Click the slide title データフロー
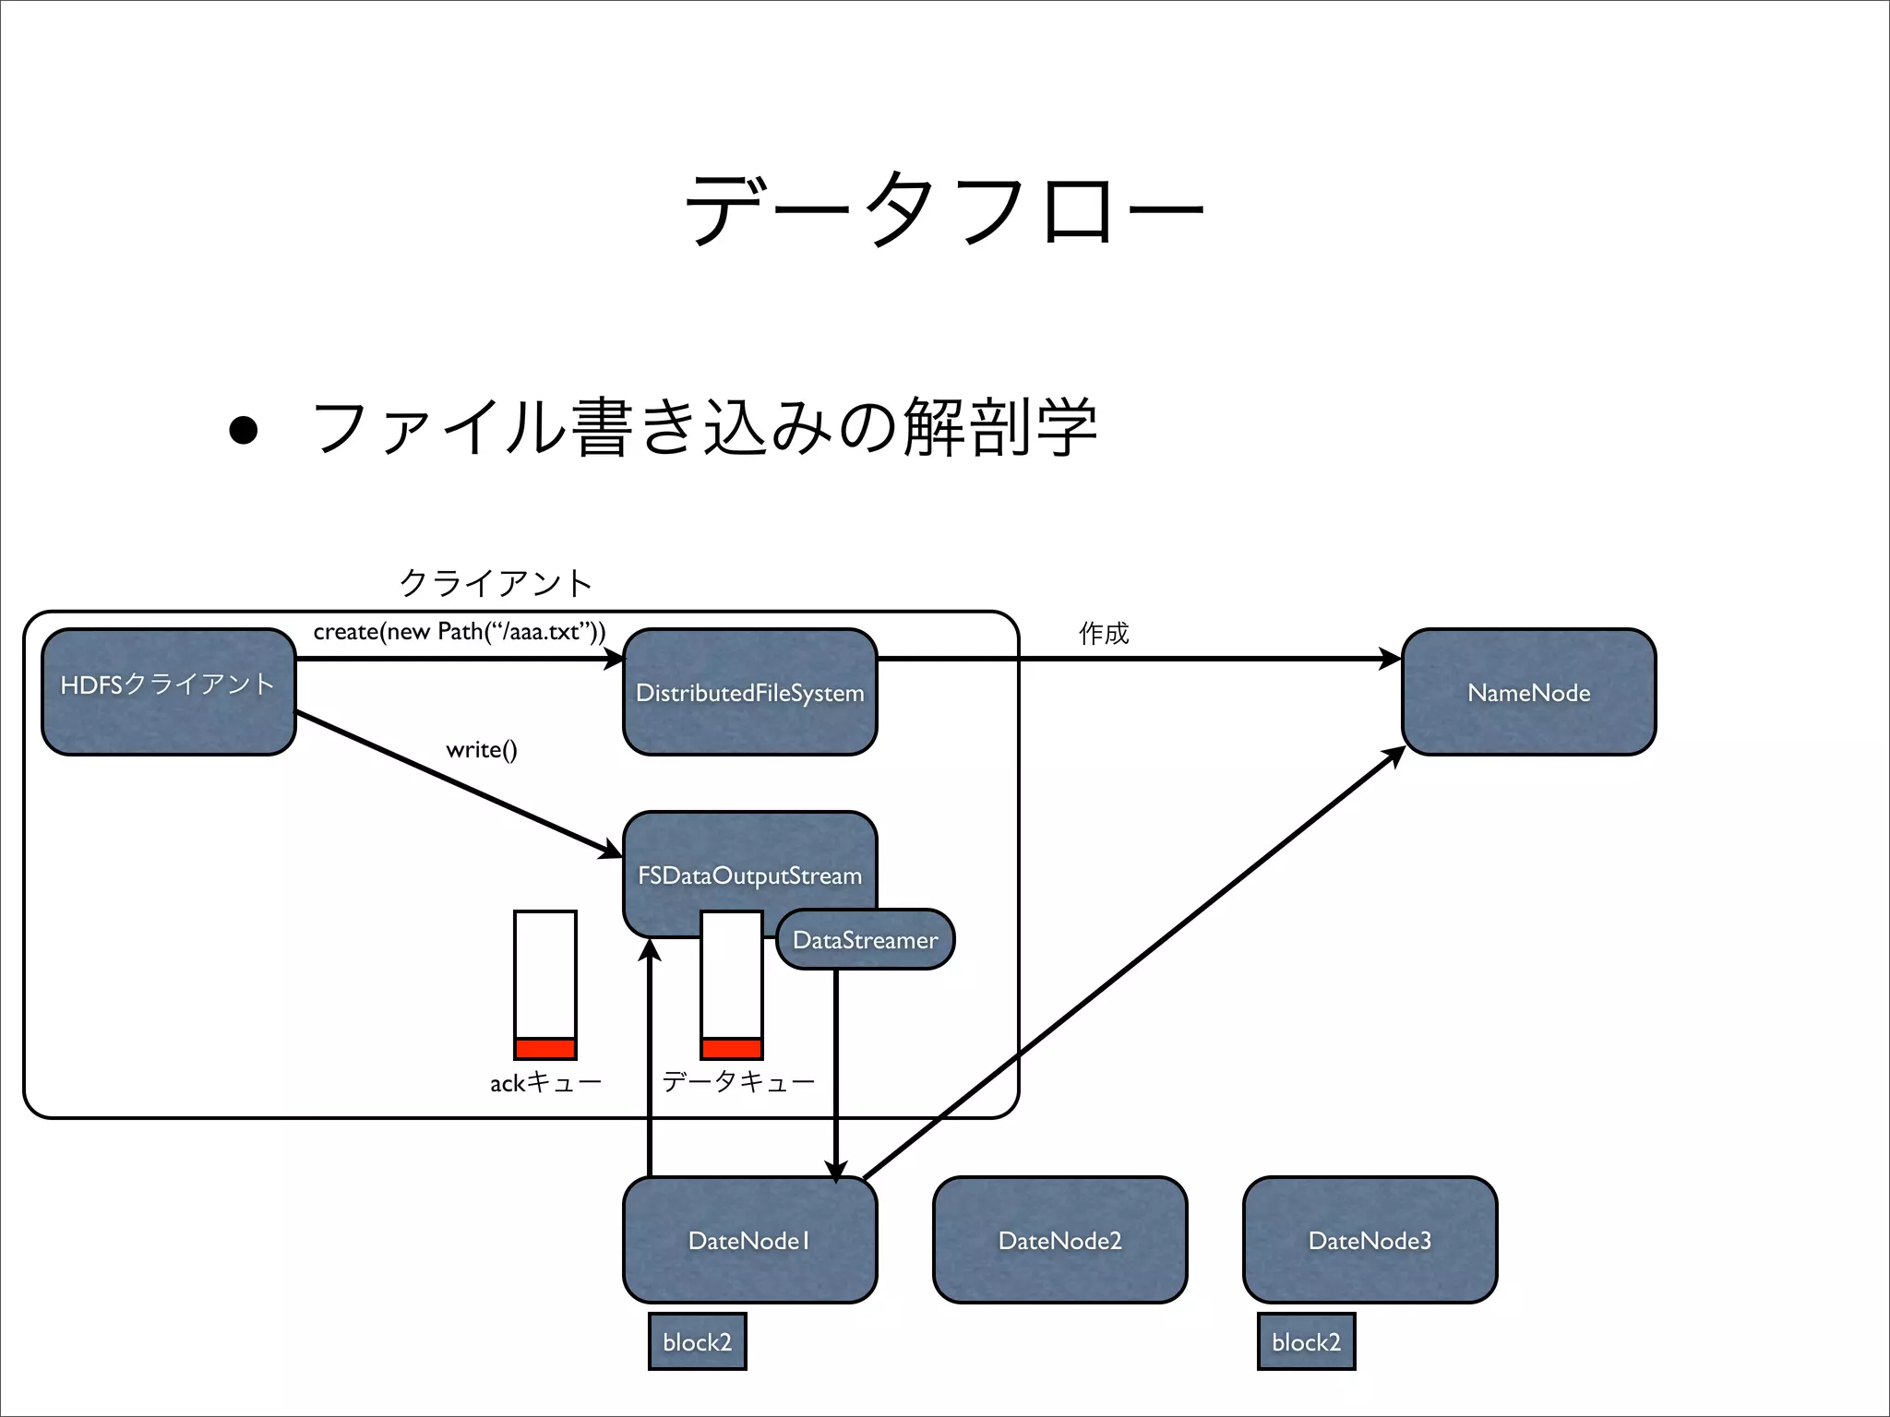[x=943, y=210]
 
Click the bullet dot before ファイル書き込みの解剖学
[x=244, y=430]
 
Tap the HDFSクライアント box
[x=169, y=692]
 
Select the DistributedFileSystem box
[x=749, y=693]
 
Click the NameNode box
[x=1528, y=693]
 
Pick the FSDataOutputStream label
[x=749, y=875]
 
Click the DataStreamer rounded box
[x=865, y=939]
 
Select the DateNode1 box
[x=749, y=1240]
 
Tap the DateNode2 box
[x=1059, y=1240]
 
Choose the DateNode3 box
[x=1370, y=1240]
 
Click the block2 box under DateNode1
[x=697, y=1341]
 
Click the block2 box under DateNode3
[x=1306, y=1341]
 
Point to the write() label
[x=481, y=749]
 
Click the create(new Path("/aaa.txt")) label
[x=460, y=632]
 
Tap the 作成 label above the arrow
[x=1104, y=633]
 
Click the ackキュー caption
[x=545, y=1082]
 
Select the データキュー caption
[x=738, y=1081]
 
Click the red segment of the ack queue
[x=545, y=1049]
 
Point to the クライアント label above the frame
[x=496, y=582]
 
